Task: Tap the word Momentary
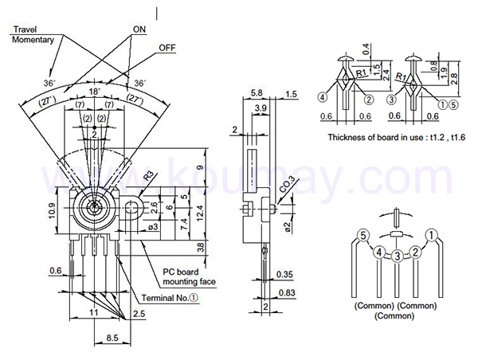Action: coord(33,39)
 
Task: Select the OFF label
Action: coord(167,48)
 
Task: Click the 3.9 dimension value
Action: coord(260,108)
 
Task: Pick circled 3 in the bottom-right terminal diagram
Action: coord(396,256)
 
